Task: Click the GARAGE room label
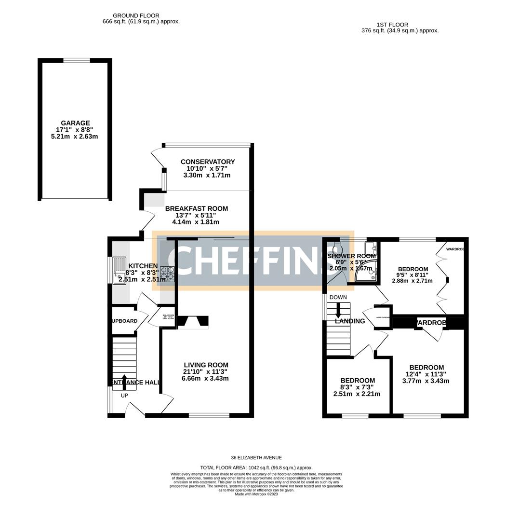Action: pos(75,123)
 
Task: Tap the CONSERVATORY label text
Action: pos(207,162)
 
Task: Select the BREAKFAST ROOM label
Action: pos(196,208)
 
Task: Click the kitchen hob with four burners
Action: pos(168,274)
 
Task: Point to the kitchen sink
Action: pos(119,271)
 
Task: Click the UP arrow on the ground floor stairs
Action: pos(124,380)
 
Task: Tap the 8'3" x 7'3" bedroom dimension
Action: pos(357,387)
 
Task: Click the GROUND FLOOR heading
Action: pos(136,16)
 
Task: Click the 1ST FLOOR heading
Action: pos(392,25)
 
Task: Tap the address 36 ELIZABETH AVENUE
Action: pos(256,458)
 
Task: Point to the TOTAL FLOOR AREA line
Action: pos(256,467)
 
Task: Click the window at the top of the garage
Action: pos(76,60)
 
